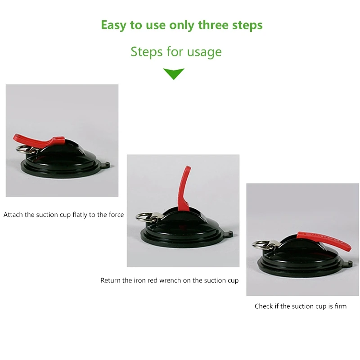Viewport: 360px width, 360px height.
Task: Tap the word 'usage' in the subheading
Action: tap(204, 52)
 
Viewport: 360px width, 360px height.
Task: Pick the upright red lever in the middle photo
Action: tap(184, 188)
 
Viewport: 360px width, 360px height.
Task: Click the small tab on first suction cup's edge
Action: tap(107, 164)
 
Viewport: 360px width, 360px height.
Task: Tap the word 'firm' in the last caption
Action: tap(341, 306)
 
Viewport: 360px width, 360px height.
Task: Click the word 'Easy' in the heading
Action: tap(113, 25)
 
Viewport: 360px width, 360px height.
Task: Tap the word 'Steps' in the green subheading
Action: tap(147, 52)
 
